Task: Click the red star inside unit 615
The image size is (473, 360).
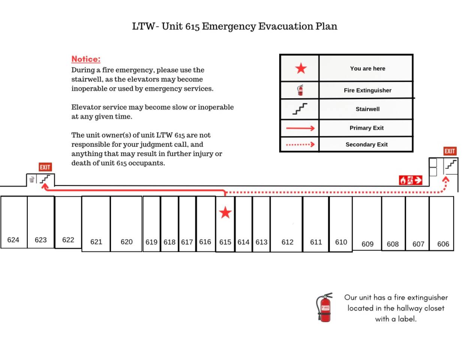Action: (x=225, y=213)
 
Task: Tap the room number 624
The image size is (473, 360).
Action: (x=13, y=240)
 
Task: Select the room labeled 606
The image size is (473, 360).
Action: (x=443, y=244)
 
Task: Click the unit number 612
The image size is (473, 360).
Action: (x=287, y=242)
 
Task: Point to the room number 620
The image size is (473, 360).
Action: (x=126, y=242)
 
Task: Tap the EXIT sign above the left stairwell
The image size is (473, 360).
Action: (x=45, y=167)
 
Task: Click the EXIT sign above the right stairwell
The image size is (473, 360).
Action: (x=450, y=151)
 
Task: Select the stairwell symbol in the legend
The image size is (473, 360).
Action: (x=300, y=109)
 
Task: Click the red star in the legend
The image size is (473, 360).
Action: (x=301, y=68)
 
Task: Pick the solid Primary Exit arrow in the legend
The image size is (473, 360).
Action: (x=300, y=128)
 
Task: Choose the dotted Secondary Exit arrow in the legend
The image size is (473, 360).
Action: (x=300, y=144)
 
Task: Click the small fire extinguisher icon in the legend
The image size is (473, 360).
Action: (x=300, y=90)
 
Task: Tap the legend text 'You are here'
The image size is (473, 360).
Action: (x=367, y=69)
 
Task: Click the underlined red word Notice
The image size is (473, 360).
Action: (x=86, y=59)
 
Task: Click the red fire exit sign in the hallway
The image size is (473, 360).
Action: (x=410, y=180)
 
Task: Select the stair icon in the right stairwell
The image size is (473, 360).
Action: (x=451, y=164)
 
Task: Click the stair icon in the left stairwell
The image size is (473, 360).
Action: (x=45, y=179)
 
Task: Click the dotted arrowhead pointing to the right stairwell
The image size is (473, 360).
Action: (x=446, y=180)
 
